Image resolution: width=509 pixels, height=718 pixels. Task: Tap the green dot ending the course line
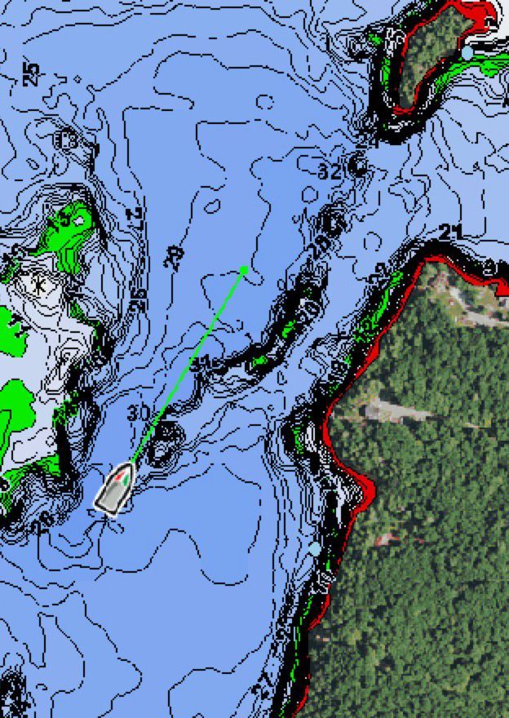[x=244, y=269]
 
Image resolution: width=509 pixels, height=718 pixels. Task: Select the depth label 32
[x=330, y=172]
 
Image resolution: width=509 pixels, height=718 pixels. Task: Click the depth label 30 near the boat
[x=139, y=413]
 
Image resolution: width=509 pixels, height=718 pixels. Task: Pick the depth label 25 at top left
[x=30, y=75]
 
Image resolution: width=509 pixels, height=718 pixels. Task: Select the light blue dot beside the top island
[x=467, y=52]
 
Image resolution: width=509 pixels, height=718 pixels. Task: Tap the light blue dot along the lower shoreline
[x=315, y=549]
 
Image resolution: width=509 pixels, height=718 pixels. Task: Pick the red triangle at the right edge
[x=502, y=286]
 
